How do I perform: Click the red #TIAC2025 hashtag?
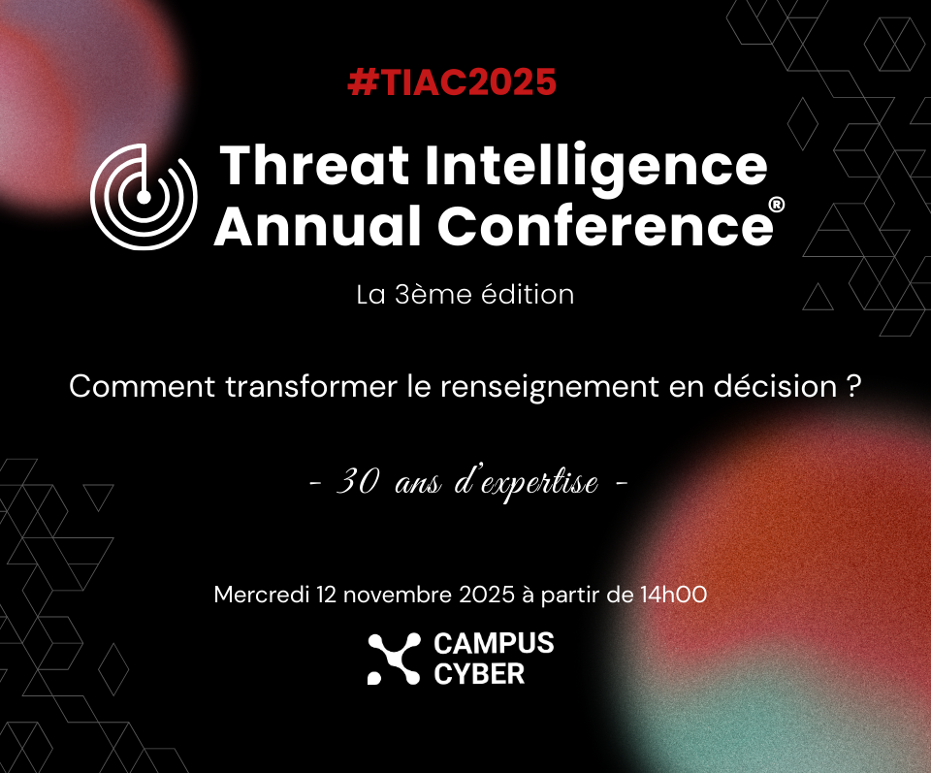coord(452,81)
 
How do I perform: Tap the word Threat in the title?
coord(314,165)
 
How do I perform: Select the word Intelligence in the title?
coord(596,169)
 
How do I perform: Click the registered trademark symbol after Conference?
coord(777,205)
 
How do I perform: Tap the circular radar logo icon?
coord(144,197)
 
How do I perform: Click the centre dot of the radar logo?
coord(144,197)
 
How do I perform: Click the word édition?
coord(528,295)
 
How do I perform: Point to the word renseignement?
coord(550,387)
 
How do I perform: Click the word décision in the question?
coord(776,386)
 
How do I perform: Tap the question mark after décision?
coord(853,387)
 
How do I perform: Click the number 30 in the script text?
coord(358,481)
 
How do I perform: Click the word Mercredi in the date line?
coord(262,595)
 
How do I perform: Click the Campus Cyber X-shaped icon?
coord(395,659)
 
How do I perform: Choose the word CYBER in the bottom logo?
coord(479,674)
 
